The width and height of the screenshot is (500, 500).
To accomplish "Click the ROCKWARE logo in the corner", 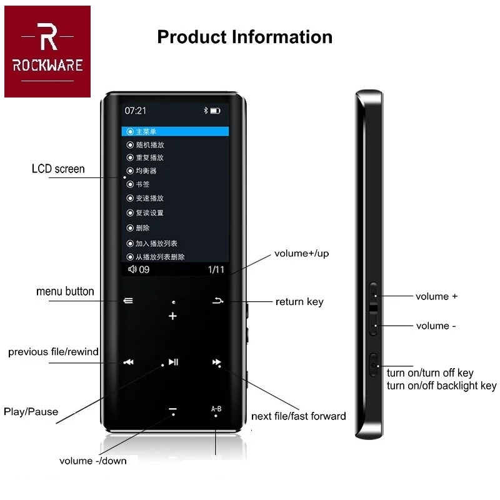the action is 47,51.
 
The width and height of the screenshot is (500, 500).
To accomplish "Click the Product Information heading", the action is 244,37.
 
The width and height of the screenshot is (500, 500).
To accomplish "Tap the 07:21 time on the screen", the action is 135,111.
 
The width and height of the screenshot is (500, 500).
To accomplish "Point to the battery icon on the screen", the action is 215,111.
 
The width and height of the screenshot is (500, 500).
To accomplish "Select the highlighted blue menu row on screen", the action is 175,131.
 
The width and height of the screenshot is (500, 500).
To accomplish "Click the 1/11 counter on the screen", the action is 216,269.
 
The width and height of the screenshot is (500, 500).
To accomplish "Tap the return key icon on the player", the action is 217,301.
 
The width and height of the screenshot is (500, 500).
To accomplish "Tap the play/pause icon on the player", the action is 173,361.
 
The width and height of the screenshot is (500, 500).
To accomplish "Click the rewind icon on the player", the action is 128,362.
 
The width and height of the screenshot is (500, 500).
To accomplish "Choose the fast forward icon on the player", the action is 216,362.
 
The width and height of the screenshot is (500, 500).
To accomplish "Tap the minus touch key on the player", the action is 172,411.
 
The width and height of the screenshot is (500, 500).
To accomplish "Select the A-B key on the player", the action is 216,409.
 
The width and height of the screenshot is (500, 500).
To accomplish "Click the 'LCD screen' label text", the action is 58,169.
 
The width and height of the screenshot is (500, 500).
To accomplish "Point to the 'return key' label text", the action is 299,302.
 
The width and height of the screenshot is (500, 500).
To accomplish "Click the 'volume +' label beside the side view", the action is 436,296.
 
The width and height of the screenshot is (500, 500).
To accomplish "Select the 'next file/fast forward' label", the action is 298,416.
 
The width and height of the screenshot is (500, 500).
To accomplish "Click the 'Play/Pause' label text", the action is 31,411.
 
